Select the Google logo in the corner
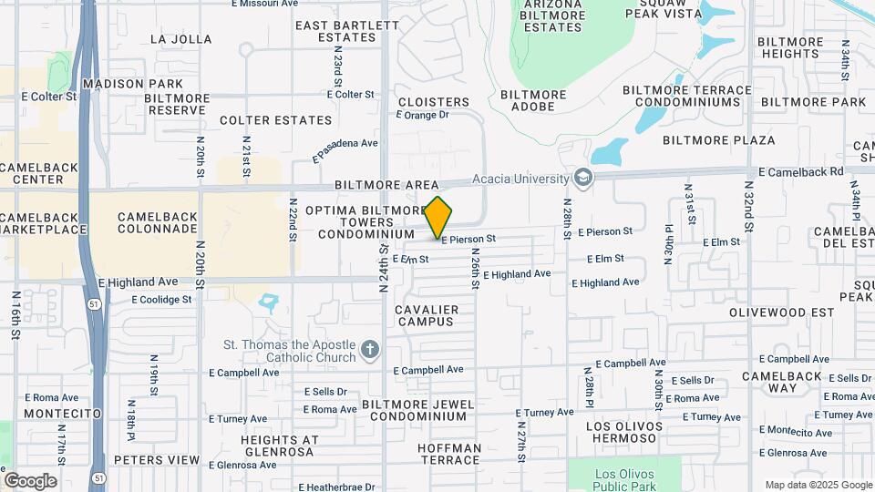click(30, 480)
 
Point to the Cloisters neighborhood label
click(433, 102)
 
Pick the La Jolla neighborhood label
click(180, 39)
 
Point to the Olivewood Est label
click(782, 312)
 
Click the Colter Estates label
click(276, 120)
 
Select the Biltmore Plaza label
click(719, 140)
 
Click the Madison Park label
click(126, 84)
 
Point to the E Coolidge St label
click(162, 299)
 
